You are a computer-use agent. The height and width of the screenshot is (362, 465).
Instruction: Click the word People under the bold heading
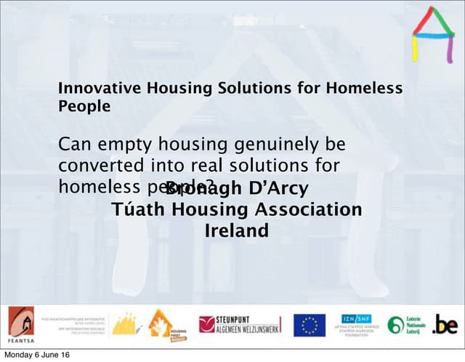pyautogui.click(x=84, y=106)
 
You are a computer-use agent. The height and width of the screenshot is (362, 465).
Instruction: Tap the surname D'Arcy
pyautogui.click(x=279, y=189)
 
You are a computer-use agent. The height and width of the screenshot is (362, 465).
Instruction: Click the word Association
pyautogui.click(x=306, y=210)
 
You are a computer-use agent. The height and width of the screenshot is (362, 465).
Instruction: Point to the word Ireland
pyautogui.click(x=237, y=231)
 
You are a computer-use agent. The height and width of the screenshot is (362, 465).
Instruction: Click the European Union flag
pyautogui.click(x=310, y=325)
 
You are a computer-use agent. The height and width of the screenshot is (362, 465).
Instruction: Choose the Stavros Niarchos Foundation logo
pyautogui.click(x=357, y=323)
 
